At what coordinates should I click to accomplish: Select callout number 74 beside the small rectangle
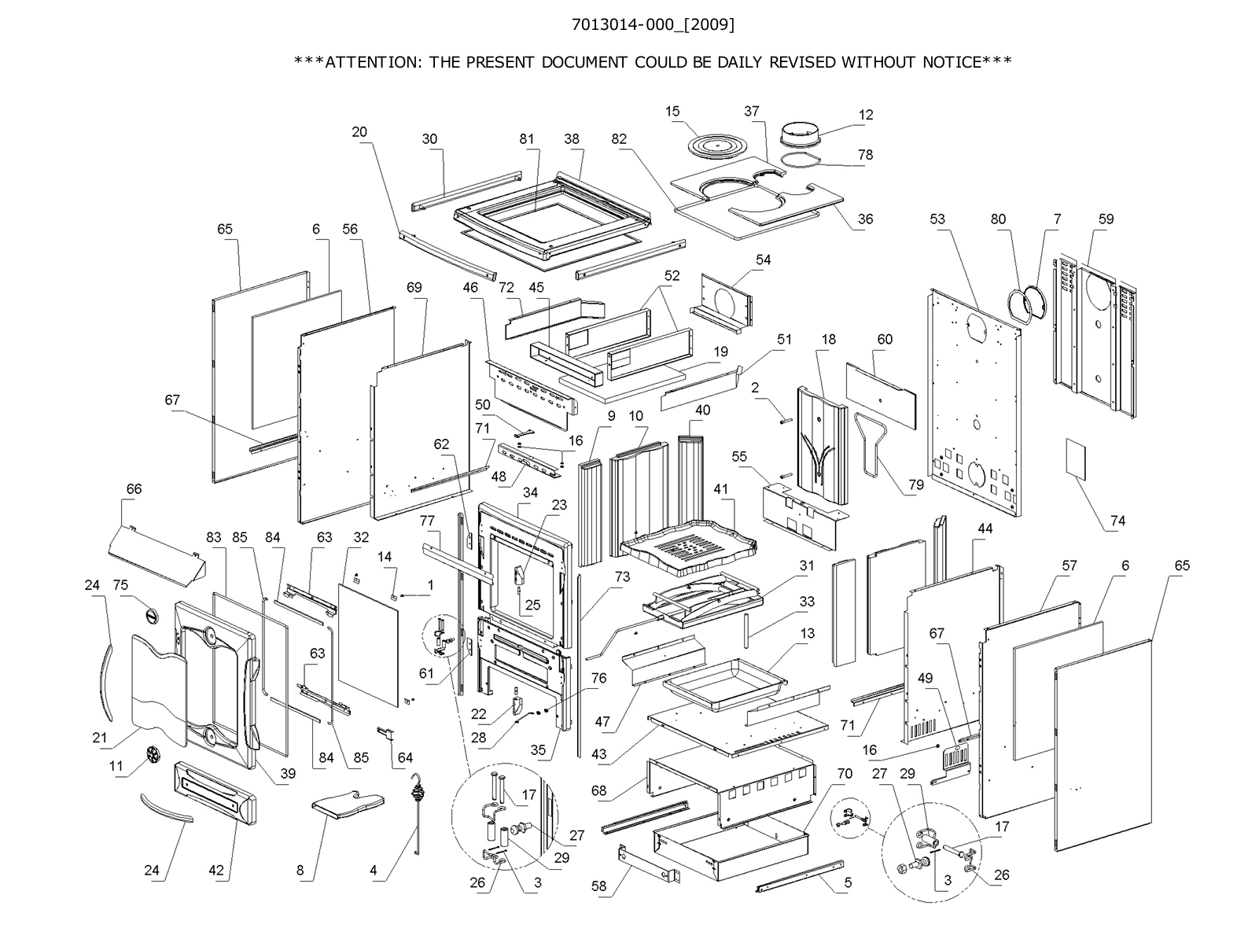[x=1117, y=521]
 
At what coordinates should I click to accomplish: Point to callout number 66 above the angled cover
[x=134, y=489]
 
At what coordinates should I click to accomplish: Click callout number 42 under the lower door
[x=216, y=871]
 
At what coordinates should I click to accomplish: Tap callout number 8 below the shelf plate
[x=300, y=871]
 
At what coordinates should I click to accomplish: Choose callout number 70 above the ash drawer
[x=844, y=774]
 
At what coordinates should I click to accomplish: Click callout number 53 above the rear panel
[x=937, y=219]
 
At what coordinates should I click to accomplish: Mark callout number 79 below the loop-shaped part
[x=915, y=484]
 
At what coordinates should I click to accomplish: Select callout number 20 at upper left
[x=359, y=132]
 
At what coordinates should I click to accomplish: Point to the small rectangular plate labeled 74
[x=1075, y=458]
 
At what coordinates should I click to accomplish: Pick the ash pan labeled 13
[x=723, y=682]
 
